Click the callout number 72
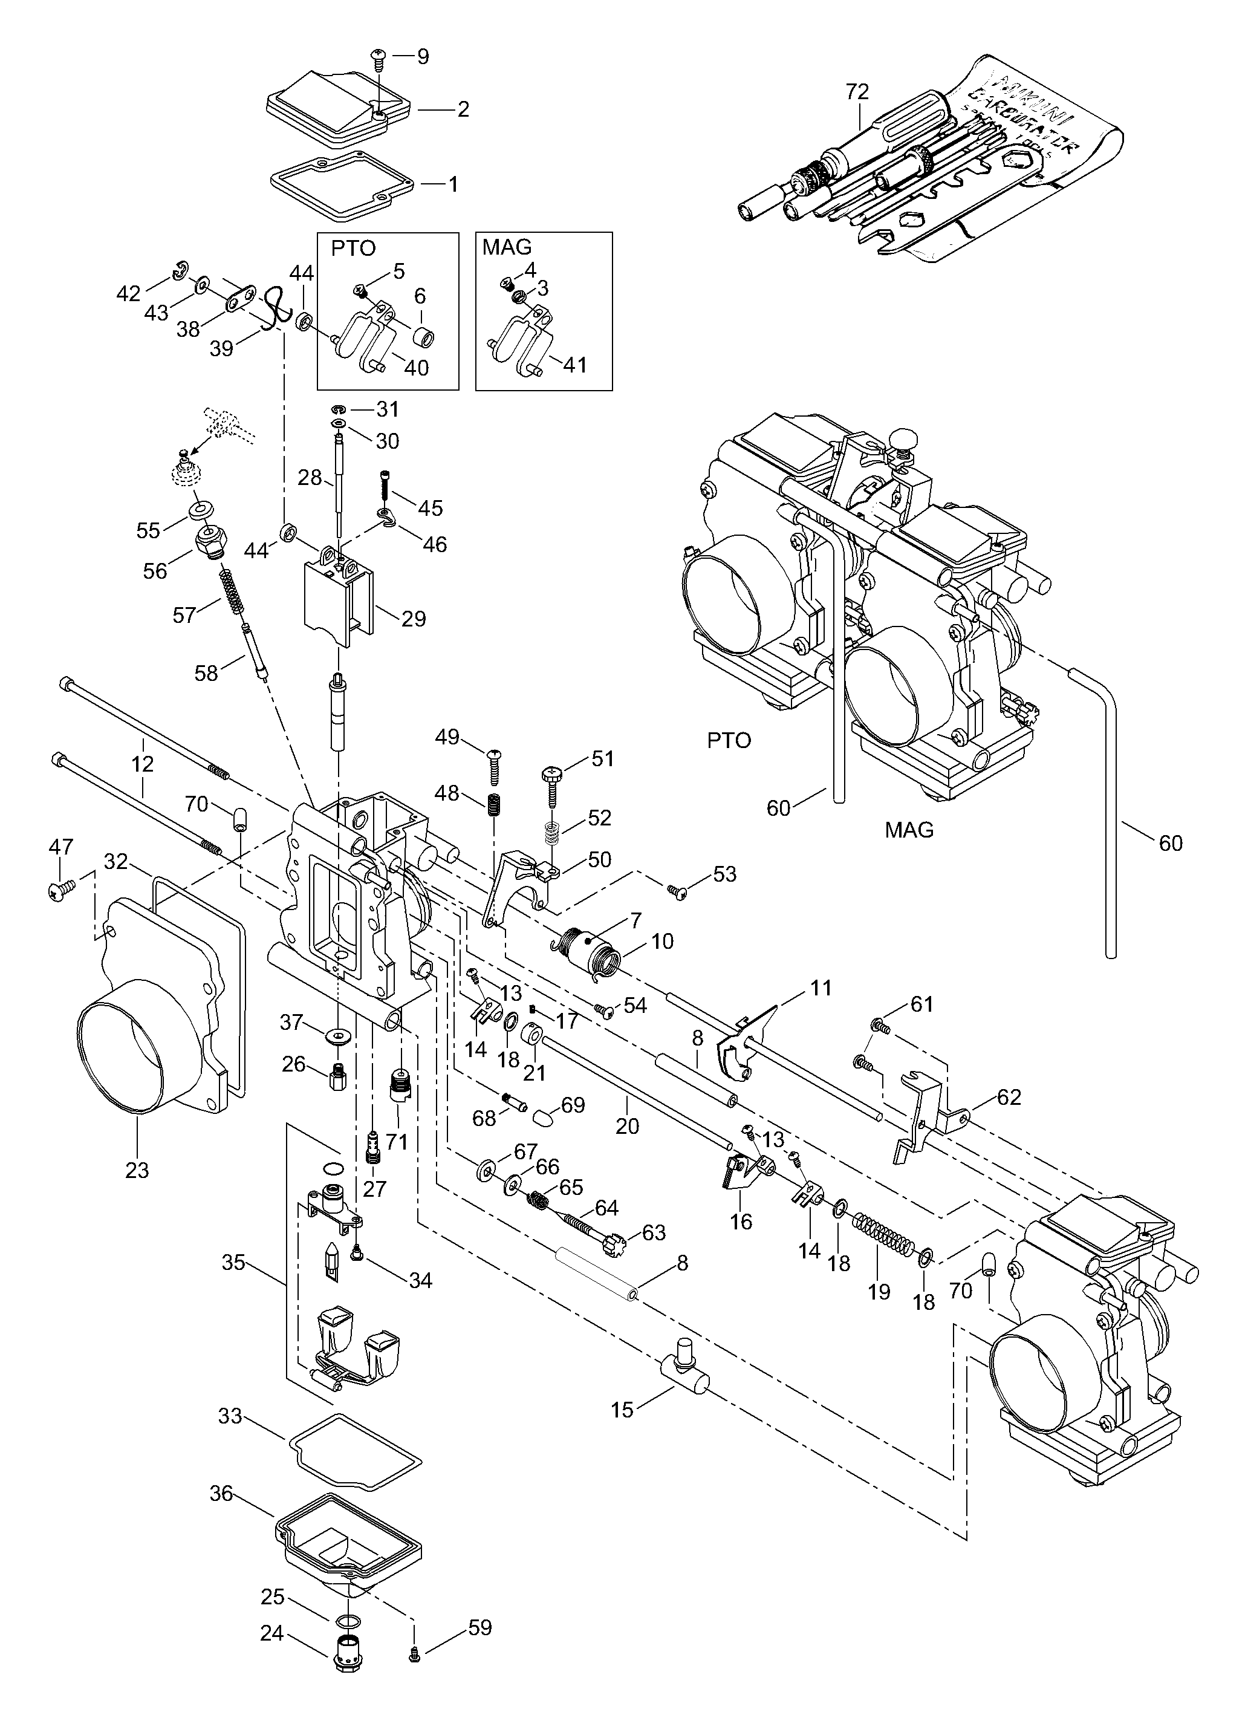click(x=857, y=93)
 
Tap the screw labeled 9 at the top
click(x=378, y=57)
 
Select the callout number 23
click(x=137, y=1171)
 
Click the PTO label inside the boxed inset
click(x=353, y=249)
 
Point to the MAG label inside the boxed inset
click(x=507, y=247)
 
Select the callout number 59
click(x=481, y=1627)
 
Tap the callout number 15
click(x=622, y=1410)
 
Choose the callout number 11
click(x=821, y=988)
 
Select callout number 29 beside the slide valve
click(x=414, y=619)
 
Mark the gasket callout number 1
click(x=453, y=184)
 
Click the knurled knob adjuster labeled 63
click(x=614, y=1242)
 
